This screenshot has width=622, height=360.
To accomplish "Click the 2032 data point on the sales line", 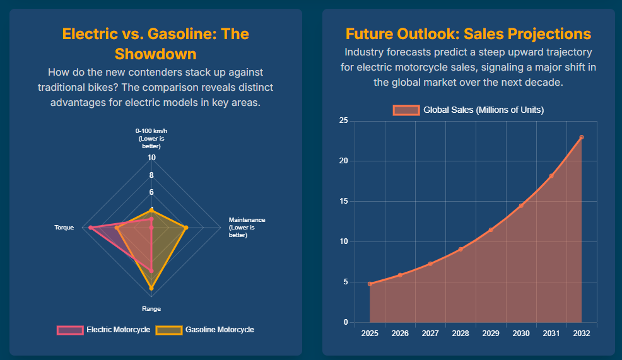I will point(582,137).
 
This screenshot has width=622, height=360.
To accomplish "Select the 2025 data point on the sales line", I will point(370,284).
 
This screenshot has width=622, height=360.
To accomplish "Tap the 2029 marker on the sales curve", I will point(491,229).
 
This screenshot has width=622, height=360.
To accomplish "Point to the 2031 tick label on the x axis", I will point(551,333).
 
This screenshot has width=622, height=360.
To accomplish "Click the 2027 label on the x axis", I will point(430,333).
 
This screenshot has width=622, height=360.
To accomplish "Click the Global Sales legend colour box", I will point(406,110).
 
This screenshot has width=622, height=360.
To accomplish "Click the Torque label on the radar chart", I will point(64,227).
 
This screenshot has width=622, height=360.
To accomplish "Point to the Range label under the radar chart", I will point(151,309).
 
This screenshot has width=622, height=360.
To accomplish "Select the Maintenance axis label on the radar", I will point(247,227).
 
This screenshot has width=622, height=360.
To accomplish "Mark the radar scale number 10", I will point(151,158).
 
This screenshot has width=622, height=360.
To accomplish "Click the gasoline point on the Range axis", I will point(151,288).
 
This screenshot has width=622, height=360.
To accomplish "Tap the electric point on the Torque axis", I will point(91,227).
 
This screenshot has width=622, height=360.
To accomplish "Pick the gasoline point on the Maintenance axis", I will point(186,227).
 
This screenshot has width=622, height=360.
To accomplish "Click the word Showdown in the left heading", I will point(155,54).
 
